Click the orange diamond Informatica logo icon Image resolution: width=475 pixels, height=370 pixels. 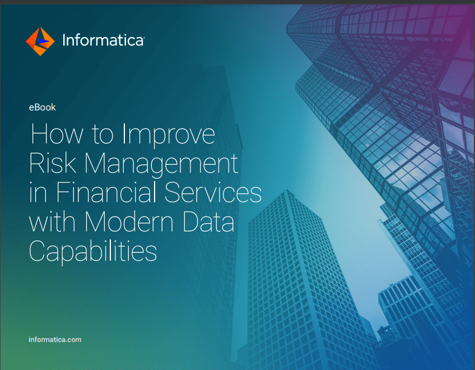pos(40,41)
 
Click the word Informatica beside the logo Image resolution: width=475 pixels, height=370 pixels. pos(103,40)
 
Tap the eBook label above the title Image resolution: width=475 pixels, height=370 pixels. pos(43,107)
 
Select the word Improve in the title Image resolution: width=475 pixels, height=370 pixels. pos(169,136)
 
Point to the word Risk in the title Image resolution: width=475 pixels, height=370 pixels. pos(53,163)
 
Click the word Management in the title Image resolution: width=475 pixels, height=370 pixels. pos(161,165)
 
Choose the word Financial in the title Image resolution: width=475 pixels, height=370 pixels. pos(106,192)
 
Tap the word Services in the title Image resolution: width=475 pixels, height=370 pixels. pos(213,192)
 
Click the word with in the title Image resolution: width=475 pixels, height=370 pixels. pos(52,221)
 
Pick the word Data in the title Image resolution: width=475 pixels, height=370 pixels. pos(208,221)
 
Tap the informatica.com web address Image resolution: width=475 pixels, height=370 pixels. pos(55,340)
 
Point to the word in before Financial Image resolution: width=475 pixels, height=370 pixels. pos(38,193)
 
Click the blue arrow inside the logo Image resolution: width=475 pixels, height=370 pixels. pos(44,41)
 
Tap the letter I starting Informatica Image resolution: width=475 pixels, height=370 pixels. pos(64,40)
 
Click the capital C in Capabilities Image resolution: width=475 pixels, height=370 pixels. pos(37,251)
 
